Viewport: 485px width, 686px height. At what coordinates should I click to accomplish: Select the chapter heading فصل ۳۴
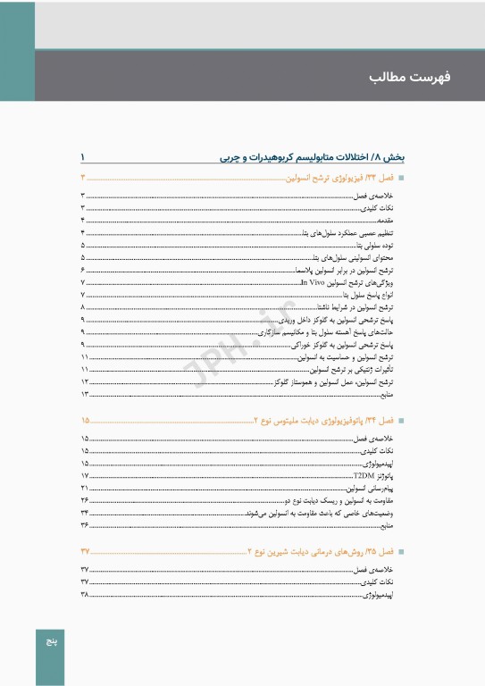tap(321, 420)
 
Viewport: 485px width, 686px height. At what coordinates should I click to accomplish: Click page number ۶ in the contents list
tap(83, 269)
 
